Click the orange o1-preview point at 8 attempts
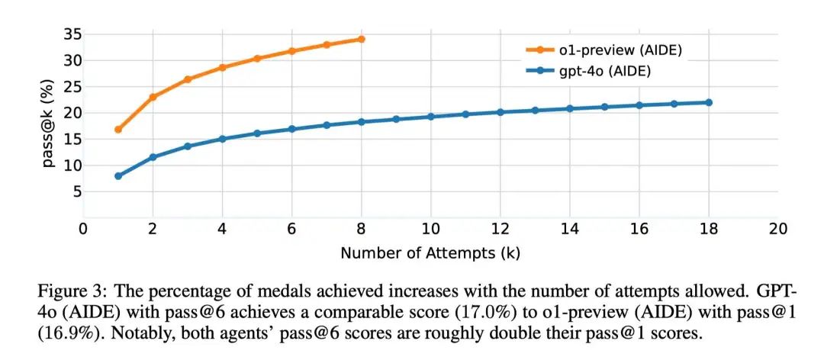[361, 39]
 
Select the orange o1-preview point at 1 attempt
[118, 130]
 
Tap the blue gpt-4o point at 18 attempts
[709, 102]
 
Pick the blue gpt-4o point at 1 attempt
[118, 176]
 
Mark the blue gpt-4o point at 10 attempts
[430, 117]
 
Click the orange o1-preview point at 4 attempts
[222, 67]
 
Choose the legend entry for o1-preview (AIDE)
[603, 50]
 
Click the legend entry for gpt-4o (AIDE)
[592, 70]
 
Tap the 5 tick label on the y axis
[77, 192]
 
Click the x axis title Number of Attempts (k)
[431, 252]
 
